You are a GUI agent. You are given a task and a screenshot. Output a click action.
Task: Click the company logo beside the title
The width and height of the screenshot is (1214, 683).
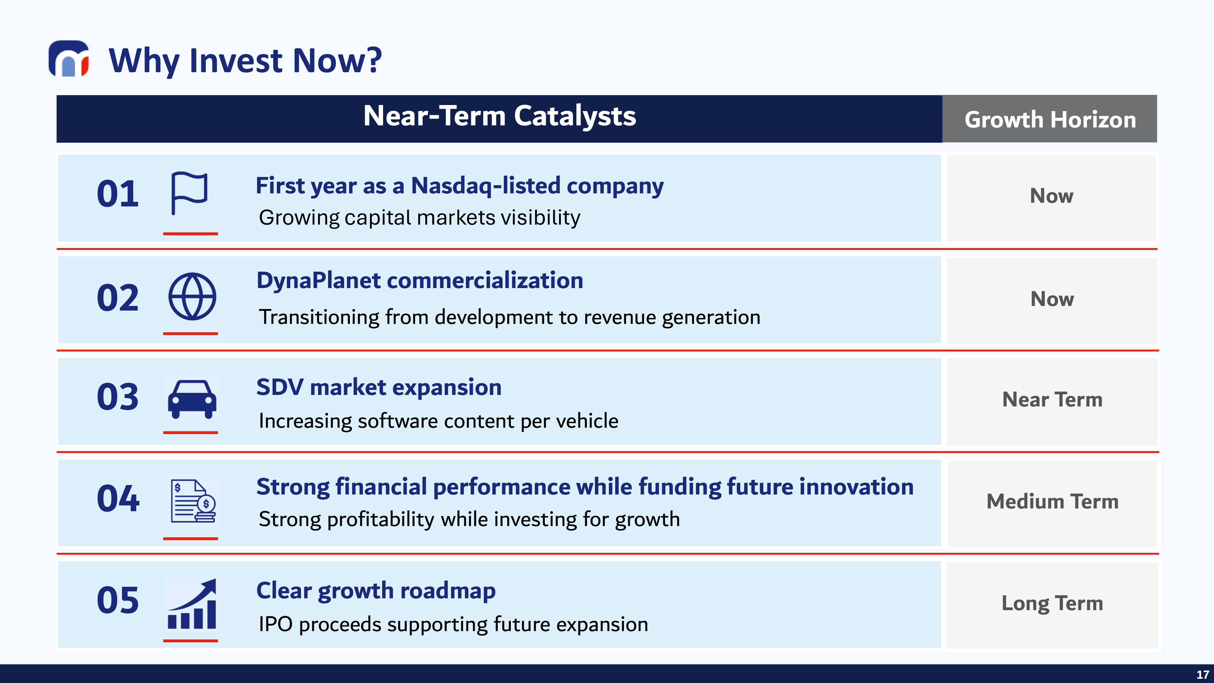coord(69,59)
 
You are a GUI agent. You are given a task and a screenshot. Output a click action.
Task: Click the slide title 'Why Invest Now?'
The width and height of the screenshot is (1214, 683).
coord(245,61)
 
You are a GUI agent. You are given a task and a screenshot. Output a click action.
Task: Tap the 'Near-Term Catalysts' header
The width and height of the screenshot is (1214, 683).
coord(500,116)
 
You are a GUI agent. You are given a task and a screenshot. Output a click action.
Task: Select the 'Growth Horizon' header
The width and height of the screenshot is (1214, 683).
coord(1050,119)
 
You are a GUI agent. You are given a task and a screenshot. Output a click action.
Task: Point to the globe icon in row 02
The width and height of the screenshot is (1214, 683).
coord(192,297)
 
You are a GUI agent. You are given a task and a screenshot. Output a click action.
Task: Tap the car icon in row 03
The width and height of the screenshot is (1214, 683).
coord(192,399)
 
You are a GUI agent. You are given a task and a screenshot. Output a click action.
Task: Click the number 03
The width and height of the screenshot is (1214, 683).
coord(118,397)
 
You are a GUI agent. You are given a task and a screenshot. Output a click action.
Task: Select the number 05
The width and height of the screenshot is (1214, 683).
coord(118,600)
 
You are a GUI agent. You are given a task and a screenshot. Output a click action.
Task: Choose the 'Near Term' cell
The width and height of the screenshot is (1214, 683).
coord(1052,400)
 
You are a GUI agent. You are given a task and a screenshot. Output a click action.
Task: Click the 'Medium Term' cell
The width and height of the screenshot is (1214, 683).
coord(1052,501)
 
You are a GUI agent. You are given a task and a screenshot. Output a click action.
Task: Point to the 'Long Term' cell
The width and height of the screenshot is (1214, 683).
coord(1052,603)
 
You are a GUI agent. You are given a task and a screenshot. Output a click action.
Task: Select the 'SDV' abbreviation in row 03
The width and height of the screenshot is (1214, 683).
coord(280,387)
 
